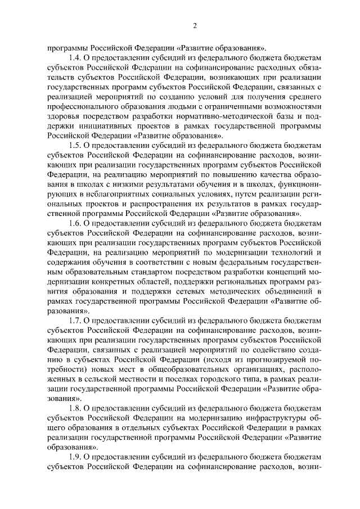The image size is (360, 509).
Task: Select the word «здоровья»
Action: [x=62, y=117]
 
